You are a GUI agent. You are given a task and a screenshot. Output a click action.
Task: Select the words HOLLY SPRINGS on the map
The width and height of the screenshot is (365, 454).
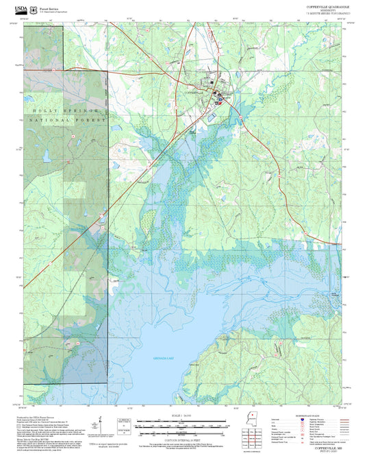[x=66, y=110]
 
